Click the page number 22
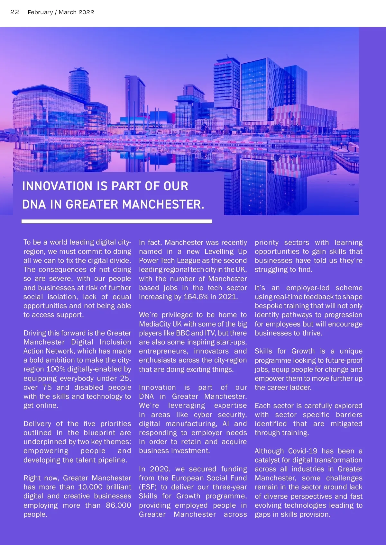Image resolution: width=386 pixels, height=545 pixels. [15, 12]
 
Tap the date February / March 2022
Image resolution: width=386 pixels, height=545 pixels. [61, 12]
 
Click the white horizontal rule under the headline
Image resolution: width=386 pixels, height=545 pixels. [116, 221]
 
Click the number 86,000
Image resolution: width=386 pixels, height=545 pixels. [118, 505]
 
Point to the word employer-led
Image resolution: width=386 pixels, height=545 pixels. [308, 288]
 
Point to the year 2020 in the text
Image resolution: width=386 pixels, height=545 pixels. [160, 469]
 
